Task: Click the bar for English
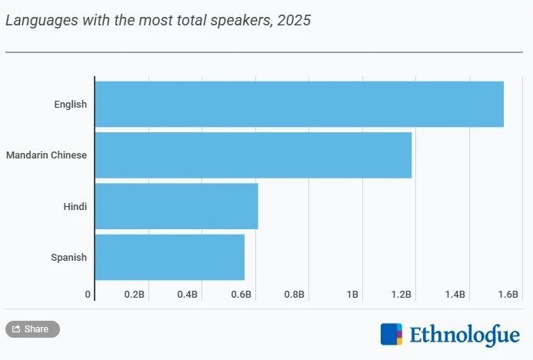298,104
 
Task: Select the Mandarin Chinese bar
253,155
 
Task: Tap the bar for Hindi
176,206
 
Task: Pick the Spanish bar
169,257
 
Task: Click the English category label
70,104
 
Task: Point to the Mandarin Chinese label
46,155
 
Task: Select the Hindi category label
75,206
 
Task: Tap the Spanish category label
69,257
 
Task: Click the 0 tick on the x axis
88,295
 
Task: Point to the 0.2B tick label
135,295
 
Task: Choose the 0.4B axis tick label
188,295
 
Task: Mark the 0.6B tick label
241,295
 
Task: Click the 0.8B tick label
294,295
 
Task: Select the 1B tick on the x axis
352,295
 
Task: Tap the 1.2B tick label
401,295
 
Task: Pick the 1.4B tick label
454,295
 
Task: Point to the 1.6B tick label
508,295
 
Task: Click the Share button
32,329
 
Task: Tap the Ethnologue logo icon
391,335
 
